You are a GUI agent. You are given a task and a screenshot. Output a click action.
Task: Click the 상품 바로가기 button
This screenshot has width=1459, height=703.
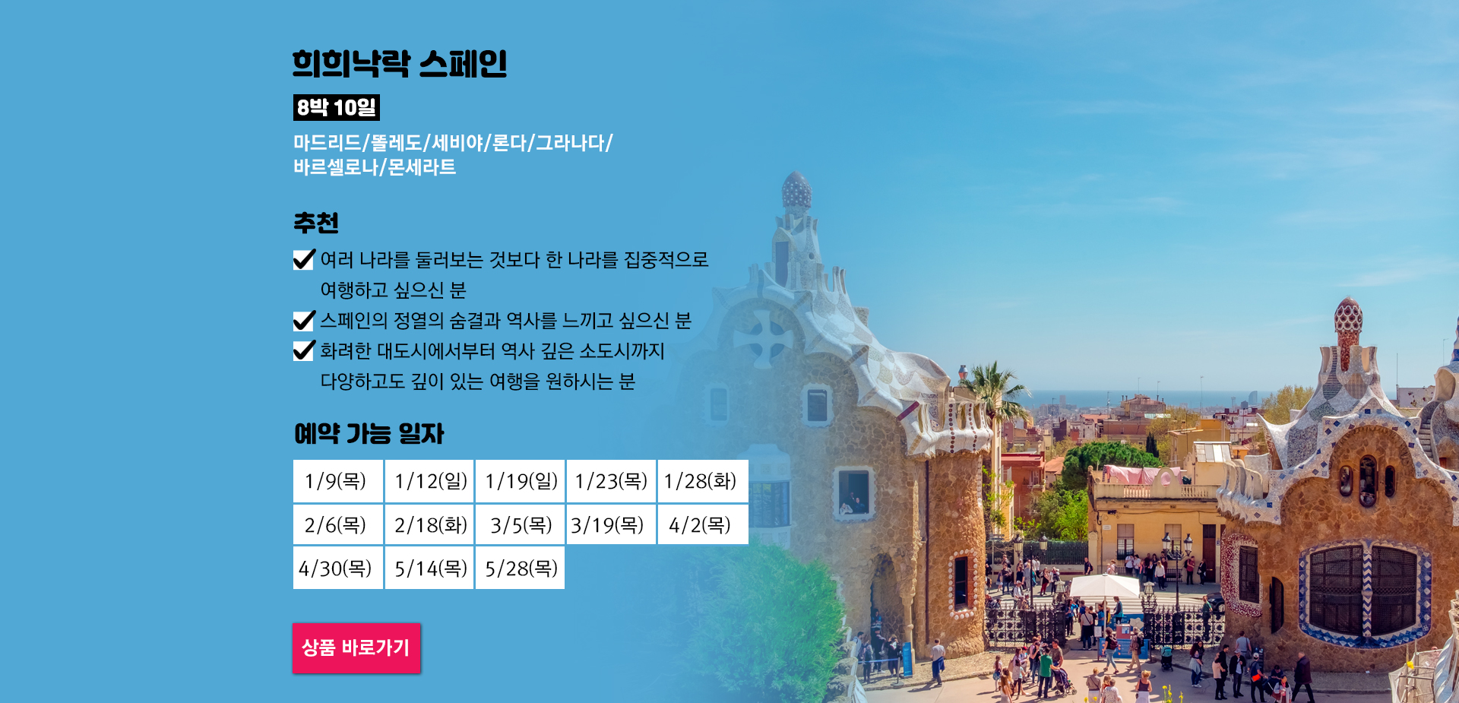click(356, 648)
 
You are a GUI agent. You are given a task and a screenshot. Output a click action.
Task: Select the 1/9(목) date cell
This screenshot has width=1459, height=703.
click(338, 481)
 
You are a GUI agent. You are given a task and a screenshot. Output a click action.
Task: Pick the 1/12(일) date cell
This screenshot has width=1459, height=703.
click(429, 481)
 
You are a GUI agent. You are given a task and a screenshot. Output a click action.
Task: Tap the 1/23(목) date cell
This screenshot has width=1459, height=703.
click(611, 481)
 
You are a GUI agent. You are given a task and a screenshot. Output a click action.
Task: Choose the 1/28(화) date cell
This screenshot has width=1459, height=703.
click(703, 481)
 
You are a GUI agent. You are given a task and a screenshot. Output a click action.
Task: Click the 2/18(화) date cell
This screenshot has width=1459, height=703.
click(429, 524)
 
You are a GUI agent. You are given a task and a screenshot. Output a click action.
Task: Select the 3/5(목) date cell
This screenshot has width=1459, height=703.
click(521, 524)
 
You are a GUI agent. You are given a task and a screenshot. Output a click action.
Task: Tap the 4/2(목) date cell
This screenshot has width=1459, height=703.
click(703, 524)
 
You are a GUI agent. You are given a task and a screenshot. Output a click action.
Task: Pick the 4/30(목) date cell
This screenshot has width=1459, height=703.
click(338, 568)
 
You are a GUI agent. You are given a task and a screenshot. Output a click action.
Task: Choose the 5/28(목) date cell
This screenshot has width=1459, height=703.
click(521, 568)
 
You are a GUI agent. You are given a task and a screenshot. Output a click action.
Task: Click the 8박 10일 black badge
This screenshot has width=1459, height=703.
click(337, 108)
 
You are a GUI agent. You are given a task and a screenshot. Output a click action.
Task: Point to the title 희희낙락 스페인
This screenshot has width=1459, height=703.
click(400, 64)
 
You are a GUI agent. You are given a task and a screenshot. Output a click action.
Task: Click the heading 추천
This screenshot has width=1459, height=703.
click(316, 223)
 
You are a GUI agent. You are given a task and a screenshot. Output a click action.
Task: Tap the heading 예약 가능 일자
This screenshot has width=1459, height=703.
click(369, 433)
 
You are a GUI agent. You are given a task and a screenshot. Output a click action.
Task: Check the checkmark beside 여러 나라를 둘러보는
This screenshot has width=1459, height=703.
click(304, 260)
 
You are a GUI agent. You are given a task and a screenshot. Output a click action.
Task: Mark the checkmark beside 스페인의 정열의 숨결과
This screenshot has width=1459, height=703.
click(304, 321)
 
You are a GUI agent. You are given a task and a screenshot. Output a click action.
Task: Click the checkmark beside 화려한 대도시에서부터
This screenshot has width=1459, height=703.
click(304, 350)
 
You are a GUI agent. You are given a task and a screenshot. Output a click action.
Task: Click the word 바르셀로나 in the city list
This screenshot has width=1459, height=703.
click(336, 167)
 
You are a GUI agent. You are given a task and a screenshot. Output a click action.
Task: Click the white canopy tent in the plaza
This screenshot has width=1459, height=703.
click(1104, 586)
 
